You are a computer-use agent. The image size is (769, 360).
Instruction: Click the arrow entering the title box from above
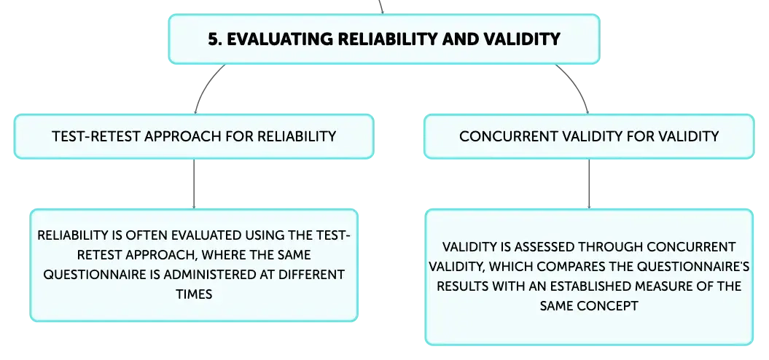[380, 7]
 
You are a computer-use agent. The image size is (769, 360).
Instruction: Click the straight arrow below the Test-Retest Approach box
[194, 184]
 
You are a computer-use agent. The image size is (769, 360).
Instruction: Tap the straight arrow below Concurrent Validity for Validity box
[589, 184]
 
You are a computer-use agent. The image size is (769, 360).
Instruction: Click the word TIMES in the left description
[194, 294]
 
